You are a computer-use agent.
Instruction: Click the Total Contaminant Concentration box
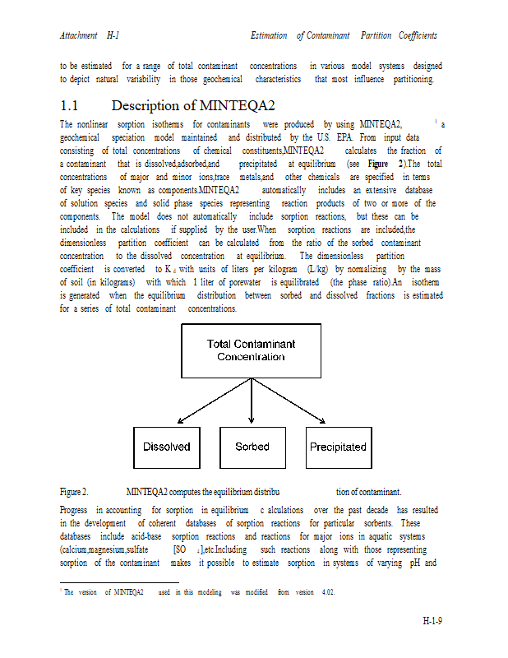click(x=251, y=350)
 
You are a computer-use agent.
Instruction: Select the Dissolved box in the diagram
click(x=167, y=447)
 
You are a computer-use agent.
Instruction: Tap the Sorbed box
click(x=252, y=447)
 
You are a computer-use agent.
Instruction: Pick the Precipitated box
click(x=338, y=447)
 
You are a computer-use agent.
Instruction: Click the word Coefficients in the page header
click(x=418, y=35)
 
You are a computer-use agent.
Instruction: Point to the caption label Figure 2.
click(x=74, y=492)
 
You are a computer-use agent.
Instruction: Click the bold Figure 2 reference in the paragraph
click(x=386, y=164)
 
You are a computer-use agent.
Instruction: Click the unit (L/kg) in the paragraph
click(x=317, y=269)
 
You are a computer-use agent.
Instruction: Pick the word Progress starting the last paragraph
click(x=74, y=510)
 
